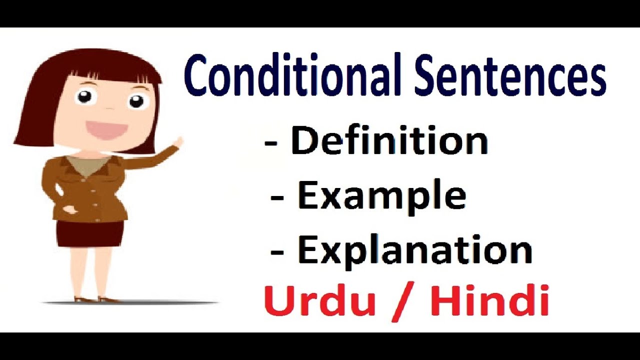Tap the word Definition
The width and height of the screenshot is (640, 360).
[x=389, y=141]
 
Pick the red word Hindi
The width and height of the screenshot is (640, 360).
[x=490, y=301]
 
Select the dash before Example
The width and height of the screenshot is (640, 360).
[x=278, y=198]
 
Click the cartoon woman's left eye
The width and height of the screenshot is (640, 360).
[x=85, y=96]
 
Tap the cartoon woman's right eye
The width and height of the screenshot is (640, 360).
[x=136, y=101]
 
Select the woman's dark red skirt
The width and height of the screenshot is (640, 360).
[x=90, y=233]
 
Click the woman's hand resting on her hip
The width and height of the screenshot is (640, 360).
[x=67, y=208]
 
